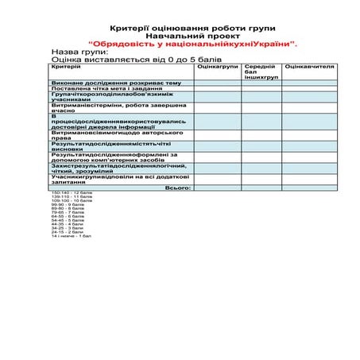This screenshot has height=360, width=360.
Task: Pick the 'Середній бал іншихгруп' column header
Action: pos(261,72)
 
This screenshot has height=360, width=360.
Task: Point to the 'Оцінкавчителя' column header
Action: pos(309,68)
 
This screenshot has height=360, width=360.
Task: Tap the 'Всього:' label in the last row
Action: pos(176,188)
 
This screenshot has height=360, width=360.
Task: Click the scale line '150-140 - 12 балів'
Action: pos(72,193)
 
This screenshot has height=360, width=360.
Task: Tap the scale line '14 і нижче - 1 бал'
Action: pos(72,236)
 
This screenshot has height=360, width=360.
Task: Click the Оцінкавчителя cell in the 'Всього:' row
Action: pos(309,188)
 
